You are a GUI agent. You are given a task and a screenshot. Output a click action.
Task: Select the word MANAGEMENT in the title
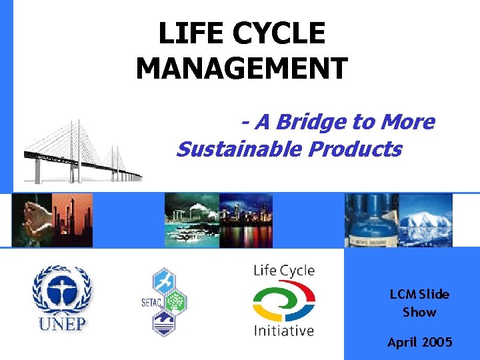[241, 68]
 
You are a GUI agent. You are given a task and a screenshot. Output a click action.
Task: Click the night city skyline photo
[246, 221]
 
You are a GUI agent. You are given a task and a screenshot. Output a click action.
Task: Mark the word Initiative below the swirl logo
[283, 330]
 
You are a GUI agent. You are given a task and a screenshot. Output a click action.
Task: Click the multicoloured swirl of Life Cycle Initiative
[283, 301]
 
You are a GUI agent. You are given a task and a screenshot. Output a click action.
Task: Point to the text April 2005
[419, 342]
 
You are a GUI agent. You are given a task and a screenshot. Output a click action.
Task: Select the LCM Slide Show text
[419, 303]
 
